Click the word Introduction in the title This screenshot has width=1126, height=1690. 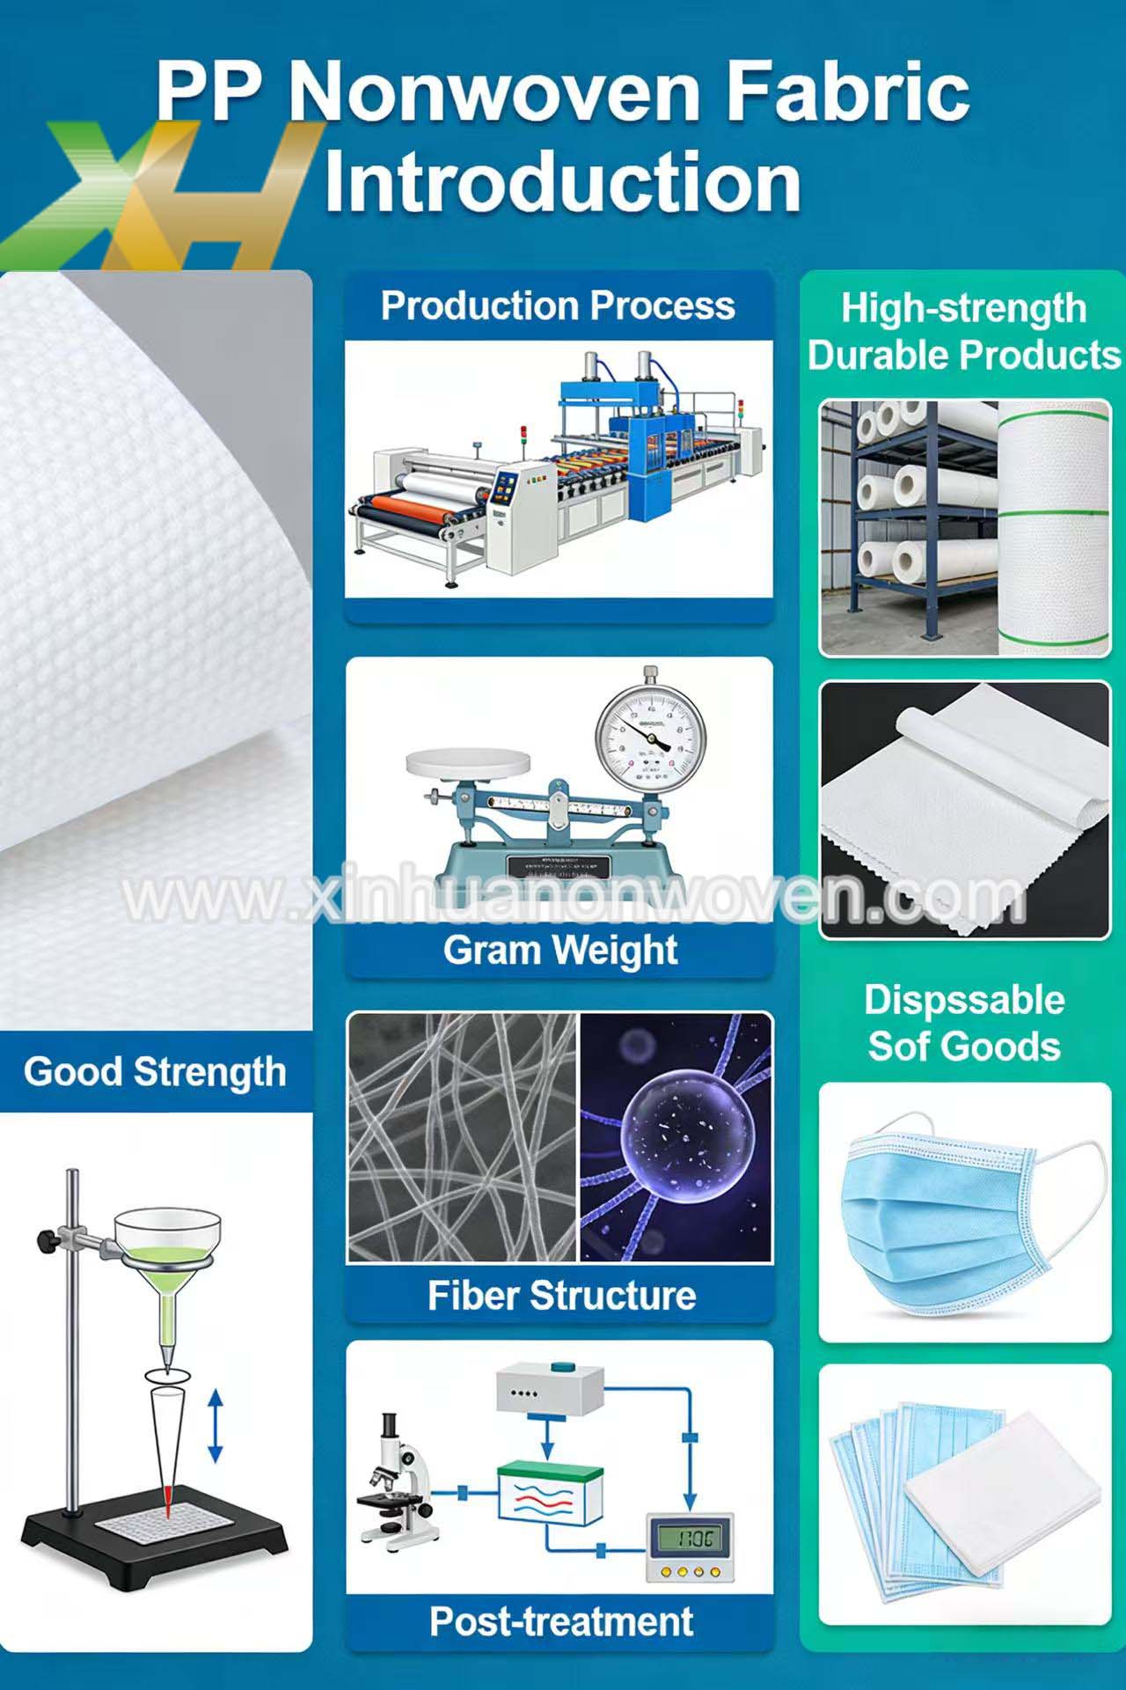(563, 183)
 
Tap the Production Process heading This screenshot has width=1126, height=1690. (558, 306)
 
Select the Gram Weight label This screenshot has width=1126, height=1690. (560, 951)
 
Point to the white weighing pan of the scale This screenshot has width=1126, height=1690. (461, 761)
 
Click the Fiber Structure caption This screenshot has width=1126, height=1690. (561, 1296)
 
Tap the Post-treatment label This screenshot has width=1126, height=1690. (561, 1621)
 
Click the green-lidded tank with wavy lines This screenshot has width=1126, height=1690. (551, 1492)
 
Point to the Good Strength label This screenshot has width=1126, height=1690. (155, 1072)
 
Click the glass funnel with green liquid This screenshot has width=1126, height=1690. (167, 1250)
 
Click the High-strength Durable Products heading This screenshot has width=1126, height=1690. (964, 332)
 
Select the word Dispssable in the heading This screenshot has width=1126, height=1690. (964, 1000)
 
